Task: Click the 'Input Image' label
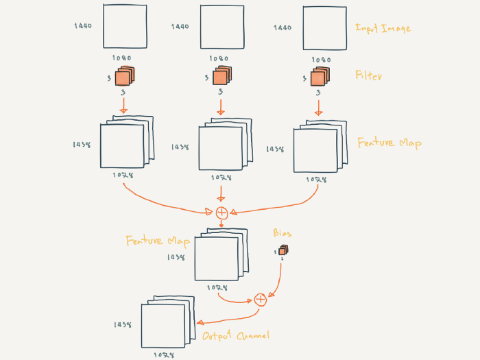[382, 28]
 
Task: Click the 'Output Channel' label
[236, 336]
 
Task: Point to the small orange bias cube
[283, 250]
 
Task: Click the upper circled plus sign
[221, 213]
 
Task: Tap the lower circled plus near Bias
[260, 300]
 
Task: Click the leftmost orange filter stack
[124, 77]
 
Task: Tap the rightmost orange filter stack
[319, 77]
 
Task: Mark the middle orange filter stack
[221, 77]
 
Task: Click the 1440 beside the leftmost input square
[83, 26]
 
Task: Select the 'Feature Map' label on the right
[389, 143]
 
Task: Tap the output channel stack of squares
[165, 324]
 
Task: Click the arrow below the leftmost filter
[123, 105]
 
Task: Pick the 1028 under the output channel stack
[163, 355]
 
